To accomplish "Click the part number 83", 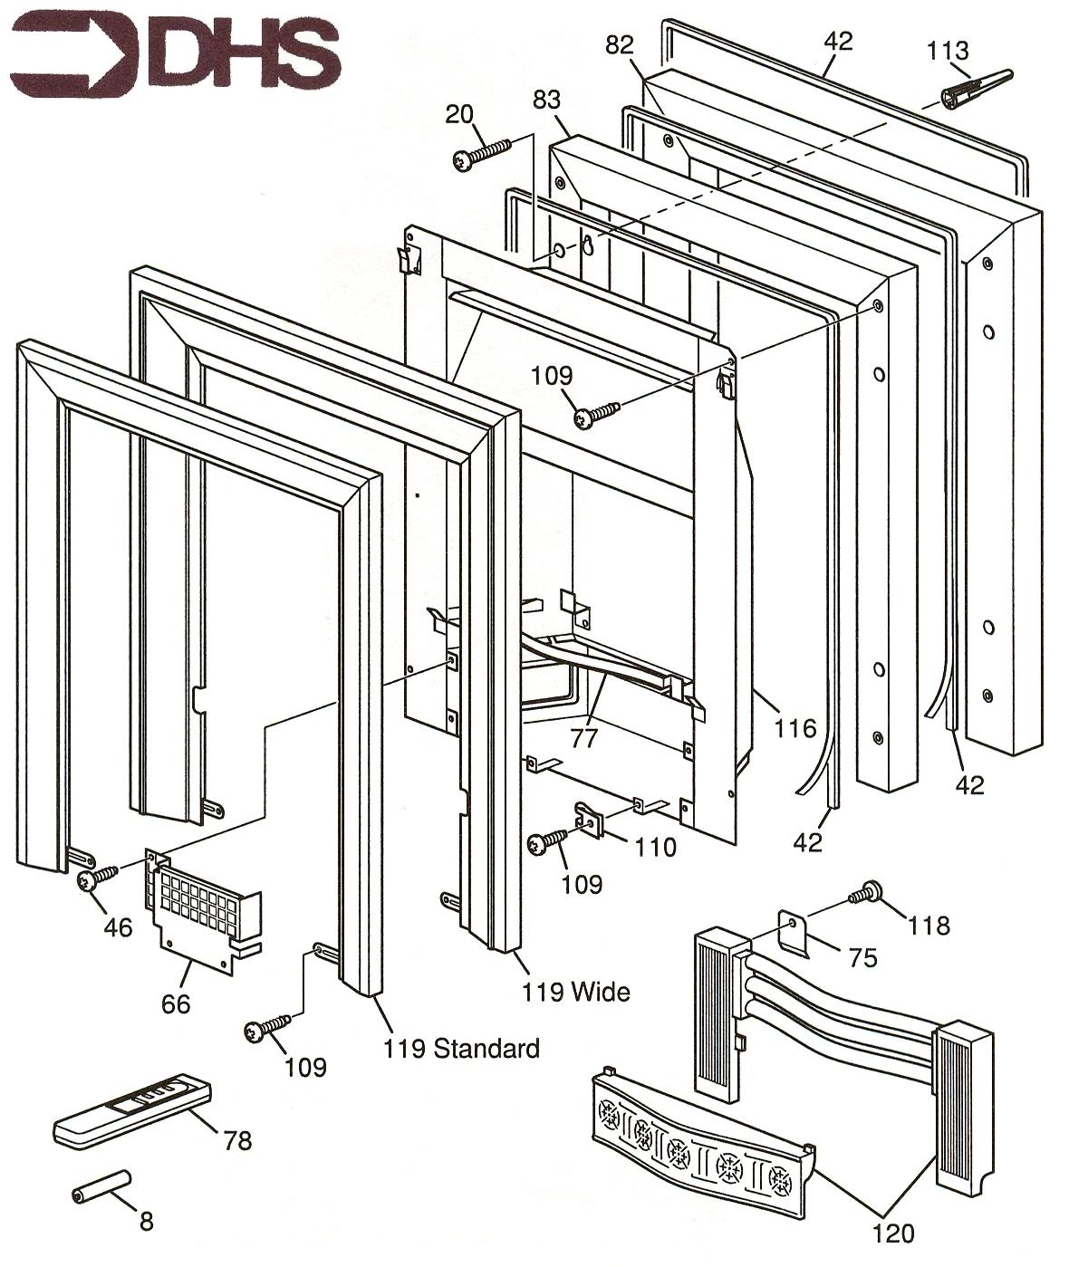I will coord(546,101).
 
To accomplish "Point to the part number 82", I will coord(620,45).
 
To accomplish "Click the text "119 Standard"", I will coord(461,1049).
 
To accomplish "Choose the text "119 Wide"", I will coord(575,992).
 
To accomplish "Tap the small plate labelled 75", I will coord(795,932).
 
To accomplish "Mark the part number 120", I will coord(892,1233).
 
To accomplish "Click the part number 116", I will coord(795,728).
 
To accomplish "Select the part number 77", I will coord(584,738).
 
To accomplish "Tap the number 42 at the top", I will coord(838,42).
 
